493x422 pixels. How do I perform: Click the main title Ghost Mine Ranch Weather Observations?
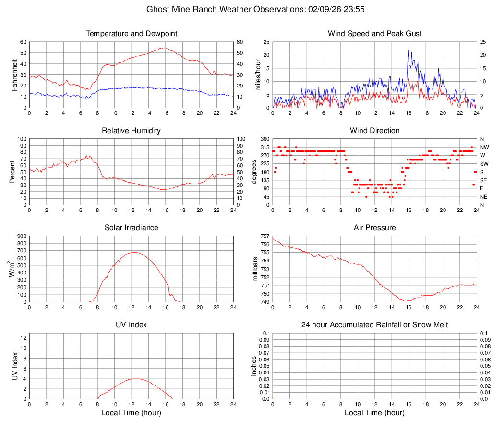(x=246, y=9)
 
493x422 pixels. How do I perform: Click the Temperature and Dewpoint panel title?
(x=132, y=34)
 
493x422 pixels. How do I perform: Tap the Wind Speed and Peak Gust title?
(x=375, y=34)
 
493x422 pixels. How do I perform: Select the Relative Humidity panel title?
(x=132, y=131)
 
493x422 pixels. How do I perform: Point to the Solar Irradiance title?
(x=132, y=228)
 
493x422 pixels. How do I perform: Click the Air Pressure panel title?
(x=375, y=228)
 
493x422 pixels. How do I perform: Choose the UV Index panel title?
(x=132, y=325)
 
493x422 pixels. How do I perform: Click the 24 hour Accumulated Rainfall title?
(x=375, y=325)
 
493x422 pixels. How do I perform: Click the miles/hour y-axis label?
(x=258, y=74)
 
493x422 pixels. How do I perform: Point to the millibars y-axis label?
(x=255, y=269)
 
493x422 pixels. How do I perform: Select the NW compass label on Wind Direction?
(x=484, y=147)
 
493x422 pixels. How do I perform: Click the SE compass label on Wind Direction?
(x=484, y=180)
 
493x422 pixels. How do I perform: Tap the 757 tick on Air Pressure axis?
(x=265, y=236)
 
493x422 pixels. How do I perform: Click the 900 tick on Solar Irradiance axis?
(x=22, y=236)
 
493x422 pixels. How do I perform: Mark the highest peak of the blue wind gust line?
(x=408, y=50)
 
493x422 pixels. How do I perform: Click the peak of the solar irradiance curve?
(x=133, y=252)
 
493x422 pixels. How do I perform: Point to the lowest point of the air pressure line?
(x=407, y=301)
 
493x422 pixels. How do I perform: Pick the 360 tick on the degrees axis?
(x=264, y=139)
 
